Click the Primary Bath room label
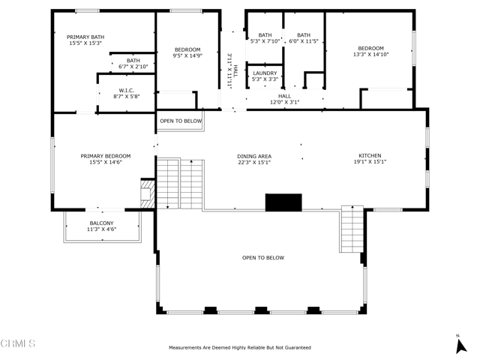point(86,37)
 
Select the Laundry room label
point(265,73)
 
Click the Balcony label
point(101,223)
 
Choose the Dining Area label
point(253,156)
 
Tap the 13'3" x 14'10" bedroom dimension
point(370,55)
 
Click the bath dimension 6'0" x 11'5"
point(304,41)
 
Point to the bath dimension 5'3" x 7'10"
point(265,41)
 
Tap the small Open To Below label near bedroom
point(181,121)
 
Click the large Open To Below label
point(262,258)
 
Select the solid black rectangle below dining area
point(283,202)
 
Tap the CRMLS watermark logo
point(18,343)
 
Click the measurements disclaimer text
point(239,348)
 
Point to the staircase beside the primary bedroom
point(179,183)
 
